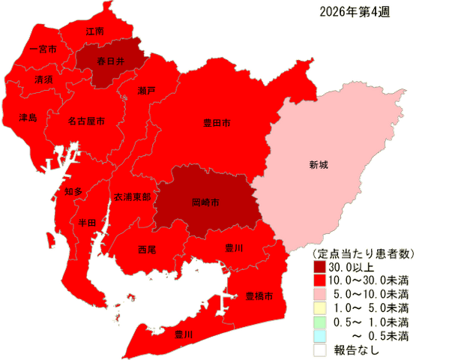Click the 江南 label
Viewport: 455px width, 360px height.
coord(94,32)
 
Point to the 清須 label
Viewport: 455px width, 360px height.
coord(43,79)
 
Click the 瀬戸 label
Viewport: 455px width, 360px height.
coord(147,90)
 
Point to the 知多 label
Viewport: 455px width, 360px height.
coord(73,192)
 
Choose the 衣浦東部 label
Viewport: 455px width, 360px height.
coord(132,196)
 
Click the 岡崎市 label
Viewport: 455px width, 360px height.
coord(205,202)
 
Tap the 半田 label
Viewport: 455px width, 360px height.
coord(87,223)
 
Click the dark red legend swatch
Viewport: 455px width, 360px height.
coord(320,265)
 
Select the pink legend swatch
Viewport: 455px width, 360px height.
coord(320,292)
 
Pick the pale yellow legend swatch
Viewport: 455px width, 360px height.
coord(320,307)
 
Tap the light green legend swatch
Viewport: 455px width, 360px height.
coord(320,320)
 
